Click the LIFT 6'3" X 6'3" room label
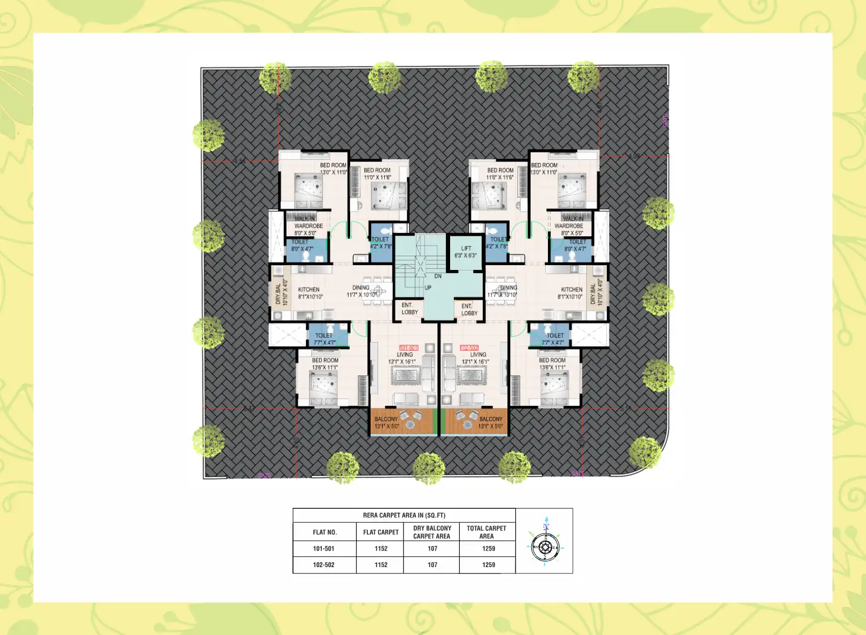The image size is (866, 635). [466, 252]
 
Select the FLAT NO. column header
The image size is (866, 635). [324, 532]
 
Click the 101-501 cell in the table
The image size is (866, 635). [324, 548]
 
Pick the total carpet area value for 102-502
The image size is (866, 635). [488, 564]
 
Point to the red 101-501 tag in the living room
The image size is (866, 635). [408, 347]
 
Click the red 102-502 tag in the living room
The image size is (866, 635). [469, 347]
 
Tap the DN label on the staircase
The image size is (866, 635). [438, 276]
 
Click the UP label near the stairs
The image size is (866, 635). [428, 288]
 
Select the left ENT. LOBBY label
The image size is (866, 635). [409, 308]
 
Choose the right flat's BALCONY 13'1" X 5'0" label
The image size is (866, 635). [490, 422]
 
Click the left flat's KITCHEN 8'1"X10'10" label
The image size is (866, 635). [310, 293]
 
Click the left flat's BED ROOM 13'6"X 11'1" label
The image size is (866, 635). [325, 363]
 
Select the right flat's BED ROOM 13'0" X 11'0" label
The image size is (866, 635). [544, 168]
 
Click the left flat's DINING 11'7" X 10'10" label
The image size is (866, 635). [361, 291]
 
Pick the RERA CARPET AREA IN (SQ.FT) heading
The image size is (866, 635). [404, 515]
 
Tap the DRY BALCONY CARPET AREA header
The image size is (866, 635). [432, 532]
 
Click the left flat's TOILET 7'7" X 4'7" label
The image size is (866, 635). [324, 339]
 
